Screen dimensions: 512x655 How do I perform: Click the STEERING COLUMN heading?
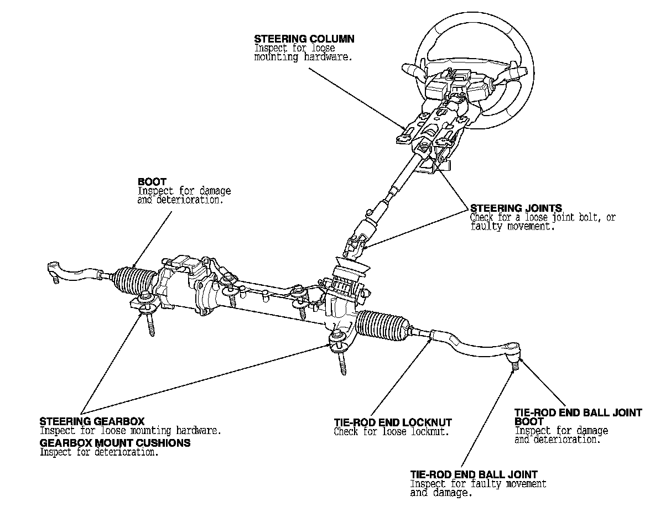[x=304, y=39]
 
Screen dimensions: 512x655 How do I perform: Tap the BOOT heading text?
[x=152, y=181]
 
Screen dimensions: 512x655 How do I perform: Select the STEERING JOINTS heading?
[x=516, y=208]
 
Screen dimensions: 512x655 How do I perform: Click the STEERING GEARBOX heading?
[x=92, y=421]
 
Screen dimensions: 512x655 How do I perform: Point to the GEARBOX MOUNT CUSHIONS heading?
[x=115, y=443]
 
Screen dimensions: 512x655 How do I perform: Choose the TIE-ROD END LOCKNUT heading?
[x=393, y=423]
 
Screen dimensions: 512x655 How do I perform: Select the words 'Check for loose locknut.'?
[x=391, y=432]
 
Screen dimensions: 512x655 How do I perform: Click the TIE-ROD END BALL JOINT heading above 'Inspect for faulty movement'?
[x=474, y=474]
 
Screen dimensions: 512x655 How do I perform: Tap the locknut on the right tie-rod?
[x=434, y=333]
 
